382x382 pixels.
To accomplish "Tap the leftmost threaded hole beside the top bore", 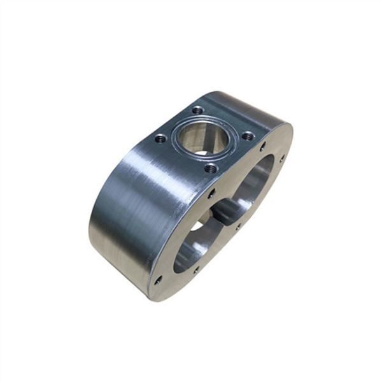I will click(160, 138).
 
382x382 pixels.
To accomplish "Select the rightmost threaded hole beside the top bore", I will click(248, 135).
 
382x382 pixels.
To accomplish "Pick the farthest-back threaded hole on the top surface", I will click(199, 110).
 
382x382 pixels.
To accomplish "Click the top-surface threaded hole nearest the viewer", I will click(211, 169).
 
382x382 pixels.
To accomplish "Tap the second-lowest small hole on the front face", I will click(195, 269).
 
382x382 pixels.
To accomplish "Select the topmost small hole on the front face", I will click(263, 147).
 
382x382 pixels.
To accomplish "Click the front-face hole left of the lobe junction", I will click(212, 192).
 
